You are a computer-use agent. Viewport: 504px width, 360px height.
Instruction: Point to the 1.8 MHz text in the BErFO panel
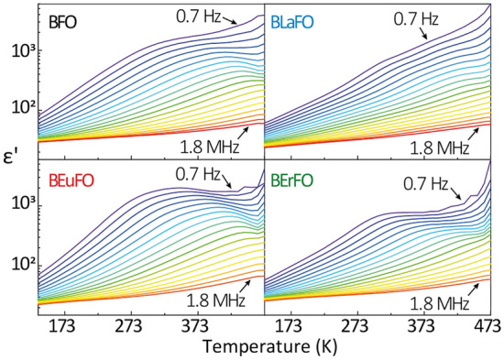(x=437, y=299)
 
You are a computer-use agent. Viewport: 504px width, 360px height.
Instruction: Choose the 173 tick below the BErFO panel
(x=290, y=325)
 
